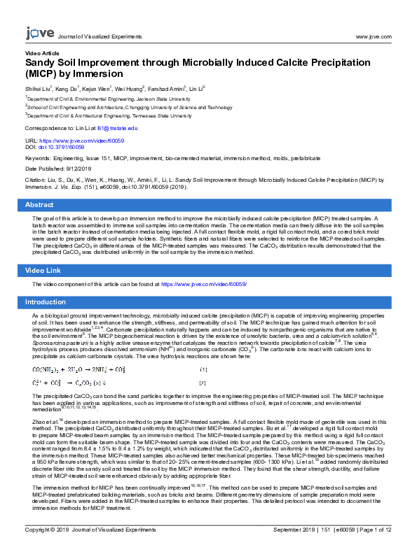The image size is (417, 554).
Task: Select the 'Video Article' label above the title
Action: (42, 53)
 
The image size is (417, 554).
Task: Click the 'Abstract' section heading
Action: (39, 205)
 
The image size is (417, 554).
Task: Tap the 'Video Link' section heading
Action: (43, 270)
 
